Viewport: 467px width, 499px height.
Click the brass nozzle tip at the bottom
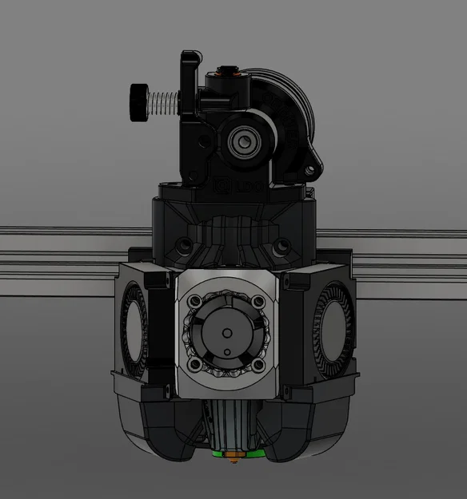click(x=233, y=457)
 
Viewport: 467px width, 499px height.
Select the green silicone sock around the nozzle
click(x=233, y=453)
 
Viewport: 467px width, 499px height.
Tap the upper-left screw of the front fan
click(x=194, y=303)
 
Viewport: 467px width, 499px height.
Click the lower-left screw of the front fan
click(x=194, y=366)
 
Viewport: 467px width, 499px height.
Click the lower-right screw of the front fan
click(x=259, y=366)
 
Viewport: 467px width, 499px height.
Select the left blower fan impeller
click(x=132, y=327)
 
